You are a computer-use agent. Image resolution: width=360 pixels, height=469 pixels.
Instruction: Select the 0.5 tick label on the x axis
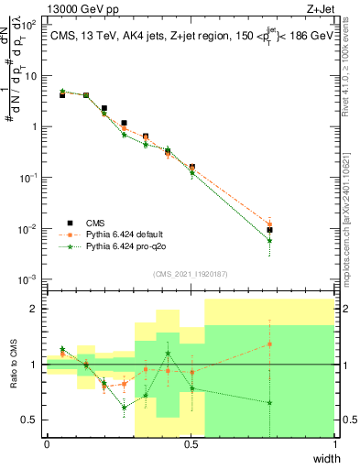click(x=191, y=444)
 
